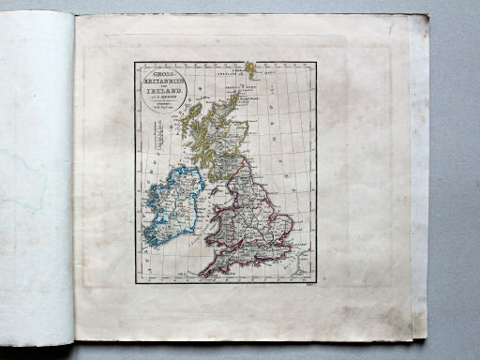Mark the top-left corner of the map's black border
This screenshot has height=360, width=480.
[x=135, y=63]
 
